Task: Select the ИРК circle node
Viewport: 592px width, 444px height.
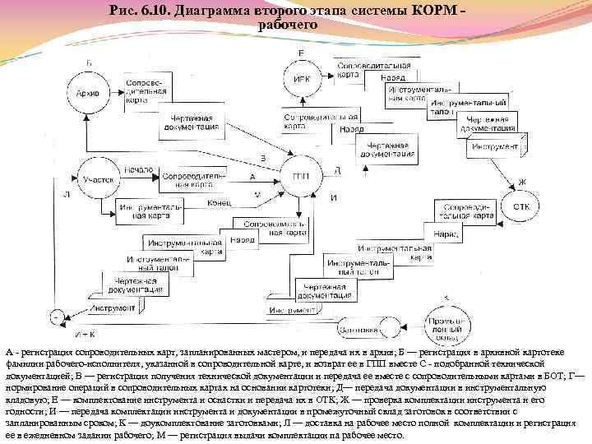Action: point(301,79)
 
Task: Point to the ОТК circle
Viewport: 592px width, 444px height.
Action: point(520,206)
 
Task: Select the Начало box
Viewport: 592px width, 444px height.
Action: point(140,169)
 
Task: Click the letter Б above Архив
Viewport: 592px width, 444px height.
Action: point(89,63)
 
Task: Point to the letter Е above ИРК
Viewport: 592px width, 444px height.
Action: point(301,53)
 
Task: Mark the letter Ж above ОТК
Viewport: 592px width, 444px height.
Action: point(521,182)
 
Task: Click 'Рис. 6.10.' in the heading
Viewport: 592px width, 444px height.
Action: point(136,12)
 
